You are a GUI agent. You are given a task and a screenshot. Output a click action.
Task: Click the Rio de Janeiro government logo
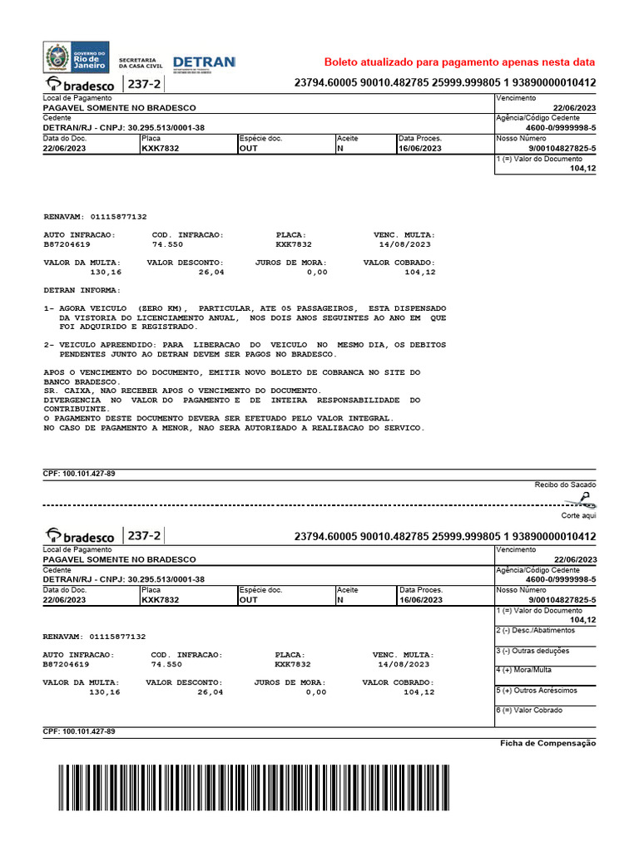click(x=76, y=57)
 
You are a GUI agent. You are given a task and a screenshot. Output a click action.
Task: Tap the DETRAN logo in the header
click(x=204, y=62)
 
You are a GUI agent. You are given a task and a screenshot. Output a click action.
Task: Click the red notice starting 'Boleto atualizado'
click(x=459, y=62)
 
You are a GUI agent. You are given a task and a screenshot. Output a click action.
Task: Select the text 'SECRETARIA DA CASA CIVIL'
click(x=138, y=63)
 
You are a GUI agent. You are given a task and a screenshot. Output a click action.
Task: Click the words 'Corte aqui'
click(x=579, y=515)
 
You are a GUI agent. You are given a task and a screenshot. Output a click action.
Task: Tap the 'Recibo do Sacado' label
click(x=565, y=485)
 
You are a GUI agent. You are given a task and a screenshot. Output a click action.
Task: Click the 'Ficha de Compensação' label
click(x=547, y=743)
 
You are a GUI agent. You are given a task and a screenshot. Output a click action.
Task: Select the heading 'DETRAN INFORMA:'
click(x=82, y=290)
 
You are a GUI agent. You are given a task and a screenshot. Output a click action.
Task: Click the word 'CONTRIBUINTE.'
click(x=76, y=409)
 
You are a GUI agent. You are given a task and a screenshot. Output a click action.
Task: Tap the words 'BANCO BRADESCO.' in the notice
click(x=82, y=381)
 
